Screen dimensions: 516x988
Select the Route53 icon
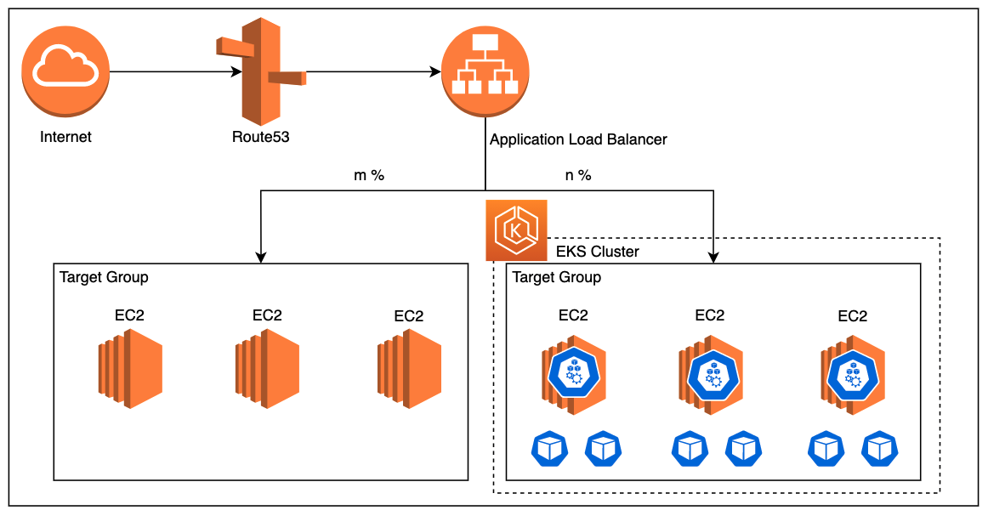(x=261, y=72)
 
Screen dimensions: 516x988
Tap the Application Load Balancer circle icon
(x=485, y=72)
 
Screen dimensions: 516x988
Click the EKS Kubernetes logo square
(x=516, y=230)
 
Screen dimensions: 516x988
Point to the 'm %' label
(x=369, y=176)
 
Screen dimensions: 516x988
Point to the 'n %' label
(x=577, y=176)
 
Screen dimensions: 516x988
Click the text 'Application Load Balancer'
(x=578, y=139)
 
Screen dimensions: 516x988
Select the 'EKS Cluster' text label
(x=597, y=252)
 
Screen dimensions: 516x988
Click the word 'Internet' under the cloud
(x=65, y=137)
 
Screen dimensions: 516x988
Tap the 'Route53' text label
(x=260, y=137)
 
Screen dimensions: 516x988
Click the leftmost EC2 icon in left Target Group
(x=129, y=371)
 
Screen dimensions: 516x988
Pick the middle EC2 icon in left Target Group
(x=267, y=371)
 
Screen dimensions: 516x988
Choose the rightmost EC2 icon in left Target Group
(x=409, y=371)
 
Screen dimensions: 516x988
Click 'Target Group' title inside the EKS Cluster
(x=557, y=277)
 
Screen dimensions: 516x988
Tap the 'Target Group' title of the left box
(x=104, y=277)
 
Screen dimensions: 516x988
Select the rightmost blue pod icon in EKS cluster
(x=880, y=448)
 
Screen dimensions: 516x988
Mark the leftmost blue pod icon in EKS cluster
(x=548, y=448)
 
